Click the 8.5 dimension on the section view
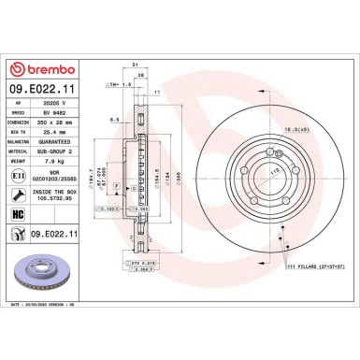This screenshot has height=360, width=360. coord(112,120)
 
